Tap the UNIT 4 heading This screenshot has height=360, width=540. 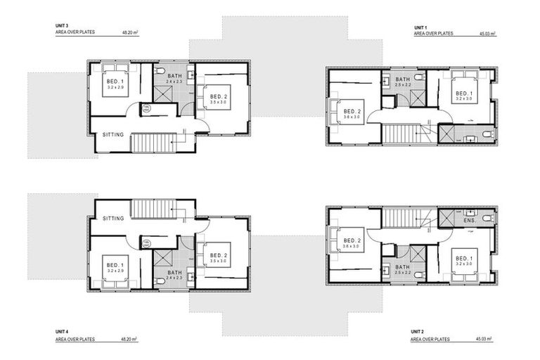61,330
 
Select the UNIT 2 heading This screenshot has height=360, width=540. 419,330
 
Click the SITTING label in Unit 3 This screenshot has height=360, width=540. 113,134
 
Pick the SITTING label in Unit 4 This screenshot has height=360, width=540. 113,219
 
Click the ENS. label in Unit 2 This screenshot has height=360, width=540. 469,221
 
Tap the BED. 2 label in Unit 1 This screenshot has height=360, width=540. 352,111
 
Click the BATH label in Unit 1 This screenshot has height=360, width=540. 402,79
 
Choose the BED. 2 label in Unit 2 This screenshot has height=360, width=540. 352,240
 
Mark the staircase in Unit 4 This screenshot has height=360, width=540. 153,210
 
